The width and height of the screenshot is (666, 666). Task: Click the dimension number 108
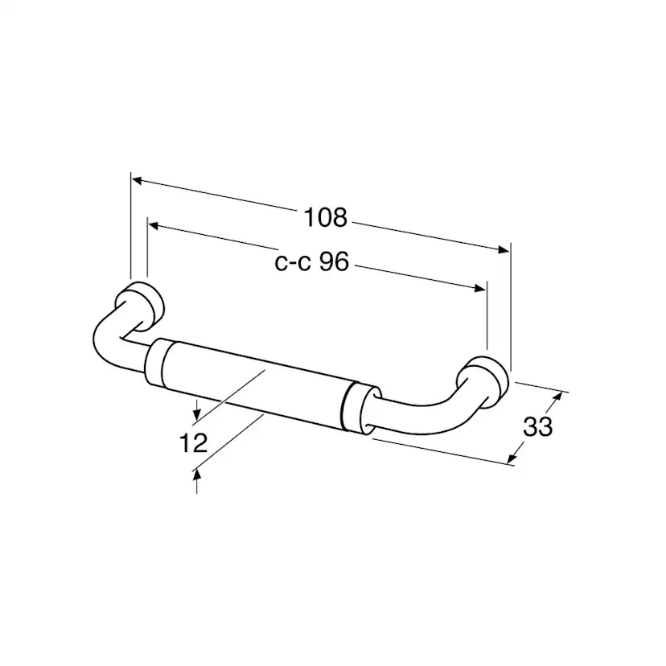point(326,217)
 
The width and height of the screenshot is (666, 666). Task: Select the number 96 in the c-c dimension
point(334,261)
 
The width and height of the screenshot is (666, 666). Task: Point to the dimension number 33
point(537,426)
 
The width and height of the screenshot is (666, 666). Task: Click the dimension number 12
point(194,443)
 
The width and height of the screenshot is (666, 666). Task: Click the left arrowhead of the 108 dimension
point(138,181)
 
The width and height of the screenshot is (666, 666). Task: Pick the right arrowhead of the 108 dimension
point(504,249)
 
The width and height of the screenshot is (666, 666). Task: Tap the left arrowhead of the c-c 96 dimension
point(154,226)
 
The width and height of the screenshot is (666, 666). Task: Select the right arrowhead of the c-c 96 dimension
point(479,288)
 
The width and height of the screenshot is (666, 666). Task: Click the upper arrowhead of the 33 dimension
point(558,396)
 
